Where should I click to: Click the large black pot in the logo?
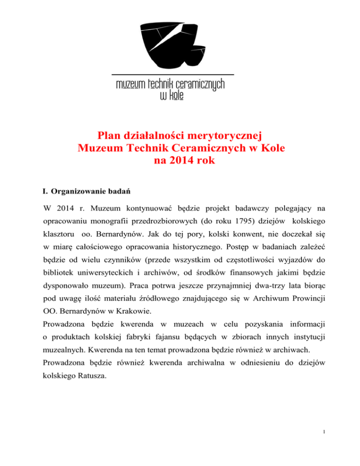pos(162,45)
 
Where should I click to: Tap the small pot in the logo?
pos(197,56)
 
